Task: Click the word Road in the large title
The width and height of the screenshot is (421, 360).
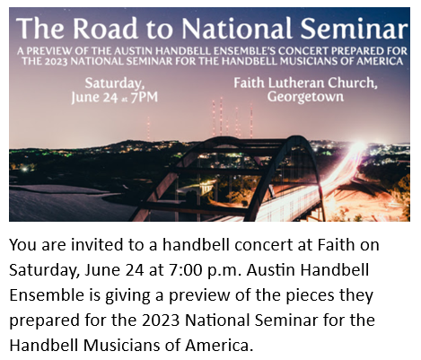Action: [x=105, y=28]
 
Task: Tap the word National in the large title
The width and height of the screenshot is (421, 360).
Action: [x=236, y=28]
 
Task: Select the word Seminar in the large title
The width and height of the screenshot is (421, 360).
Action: [x=354, y=28]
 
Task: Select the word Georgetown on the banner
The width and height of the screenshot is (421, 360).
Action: [x=305, y=97]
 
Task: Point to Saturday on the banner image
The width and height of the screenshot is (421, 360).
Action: [x=115, y=83]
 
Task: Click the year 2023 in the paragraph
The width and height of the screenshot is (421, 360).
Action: [x=161, y=320]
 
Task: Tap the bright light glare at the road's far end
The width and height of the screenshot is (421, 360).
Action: [x=357, y=147]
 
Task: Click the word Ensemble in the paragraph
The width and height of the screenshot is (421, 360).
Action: [x=47, y=295]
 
